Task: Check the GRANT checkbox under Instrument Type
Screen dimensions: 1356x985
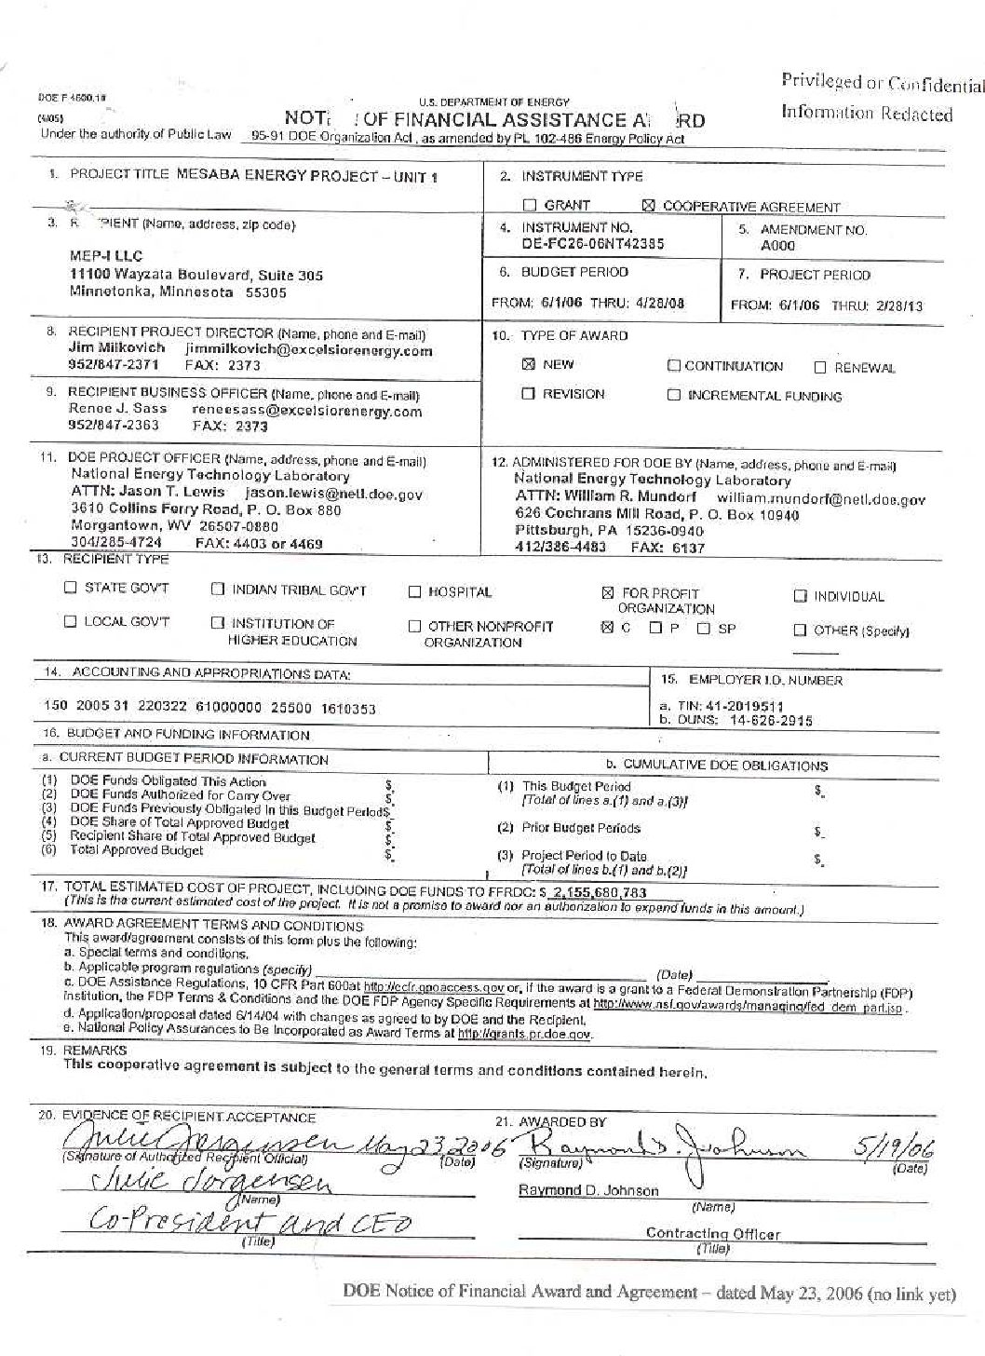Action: point(529,206)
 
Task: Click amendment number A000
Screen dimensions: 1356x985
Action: point(777,246)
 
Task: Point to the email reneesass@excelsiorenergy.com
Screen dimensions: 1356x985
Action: point(306,411)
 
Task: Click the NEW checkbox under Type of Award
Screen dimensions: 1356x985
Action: point(528,364)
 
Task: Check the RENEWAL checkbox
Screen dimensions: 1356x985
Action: point(820,368)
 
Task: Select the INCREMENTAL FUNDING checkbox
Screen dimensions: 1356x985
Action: point(674,396)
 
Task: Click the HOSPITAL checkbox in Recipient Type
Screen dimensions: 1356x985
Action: point(415,592)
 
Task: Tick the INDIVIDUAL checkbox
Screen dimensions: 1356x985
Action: point(801,597)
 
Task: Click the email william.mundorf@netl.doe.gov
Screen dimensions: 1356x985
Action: point(821,499)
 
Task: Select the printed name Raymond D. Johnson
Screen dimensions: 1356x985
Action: point(587,1190)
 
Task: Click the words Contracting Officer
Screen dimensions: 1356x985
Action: point(713,1234)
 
